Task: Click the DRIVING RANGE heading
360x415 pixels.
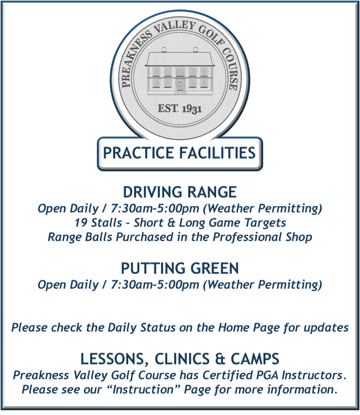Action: tap(180, 192)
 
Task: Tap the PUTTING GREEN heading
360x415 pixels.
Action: tap(180, 268)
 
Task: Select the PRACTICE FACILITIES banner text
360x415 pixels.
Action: tap(179, 153)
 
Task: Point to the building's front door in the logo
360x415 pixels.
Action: tap(180, 84)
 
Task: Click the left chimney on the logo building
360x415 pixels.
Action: tap(164, 49)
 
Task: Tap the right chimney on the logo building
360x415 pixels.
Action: tap(196, 49)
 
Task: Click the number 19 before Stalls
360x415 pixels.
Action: tap(80, 222)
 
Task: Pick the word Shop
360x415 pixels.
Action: tap(299, 237)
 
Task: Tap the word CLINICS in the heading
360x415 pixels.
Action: tap(182, 359)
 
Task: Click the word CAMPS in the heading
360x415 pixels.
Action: tap(255, 359)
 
